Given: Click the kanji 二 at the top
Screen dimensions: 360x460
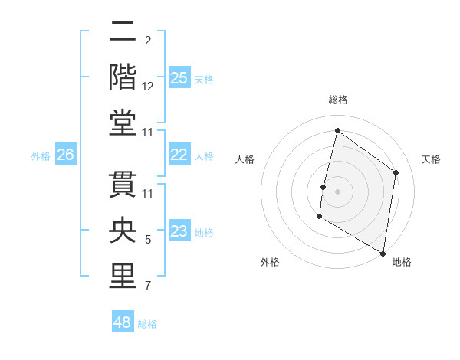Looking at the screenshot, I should point(123,31).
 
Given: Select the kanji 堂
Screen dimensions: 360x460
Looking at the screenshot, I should point(123,123).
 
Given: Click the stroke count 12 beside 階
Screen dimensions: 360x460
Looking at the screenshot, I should point(148,87).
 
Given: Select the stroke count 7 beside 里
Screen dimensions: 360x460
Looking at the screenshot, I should point(148,286).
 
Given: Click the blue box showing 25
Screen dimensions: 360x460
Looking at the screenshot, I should point(179,77).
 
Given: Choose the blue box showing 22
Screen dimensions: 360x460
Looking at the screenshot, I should point(179,155).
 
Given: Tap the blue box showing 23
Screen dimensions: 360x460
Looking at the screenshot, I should point(179,231).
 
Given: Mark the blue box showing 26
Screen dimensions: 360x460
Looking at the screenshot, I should point(65,155).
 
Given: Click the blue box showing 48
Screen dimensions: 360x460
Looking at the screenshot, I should point(123,322).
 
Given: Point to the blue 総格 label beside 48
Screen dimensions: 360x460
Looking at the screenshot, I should point(147,324).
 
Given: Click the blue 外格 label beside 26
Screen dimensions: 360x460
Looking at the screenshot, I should point(41,156).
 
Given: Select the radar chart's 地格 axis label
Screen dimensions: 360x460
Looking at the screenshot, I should point(402,262).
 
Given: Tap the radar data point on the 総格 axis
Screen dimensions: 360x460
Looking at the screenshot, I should point(337,131).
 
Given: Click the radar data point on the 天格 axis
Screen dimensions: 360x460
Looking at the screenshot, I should point(396,172).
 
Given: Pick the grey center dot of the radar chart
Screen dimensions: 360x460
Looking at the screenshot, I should point(337,191).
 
